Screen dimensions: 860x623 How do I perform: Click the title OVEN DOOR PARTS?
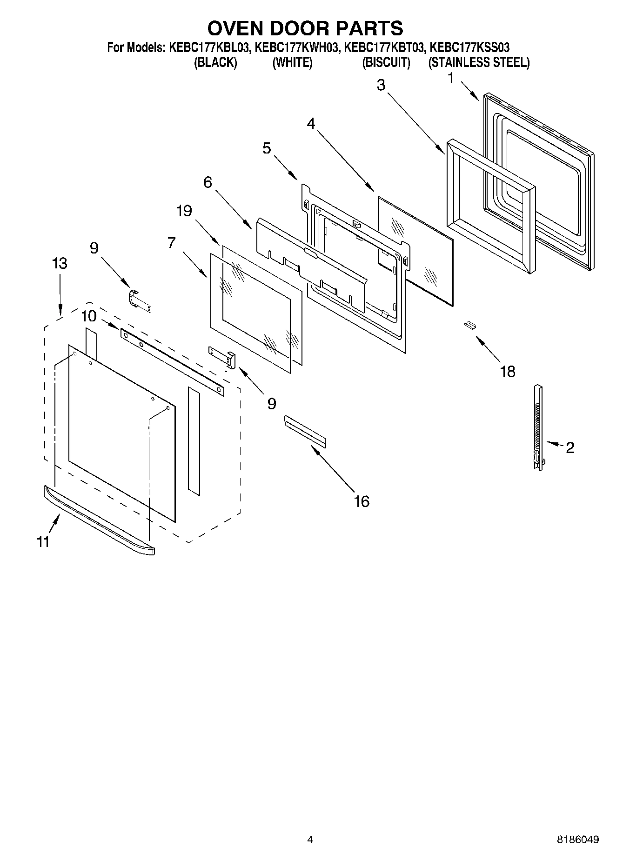pos(305,28)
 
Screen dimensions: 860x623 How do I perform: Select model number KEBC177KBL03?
pos(208,47)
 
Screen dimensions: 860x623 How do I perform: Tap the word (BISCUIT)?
pos(386,62)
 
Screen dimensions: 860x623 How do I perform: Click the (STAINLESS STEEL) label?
pos(479,62)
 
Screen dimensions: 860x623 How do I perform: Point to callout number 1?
pos(450,79)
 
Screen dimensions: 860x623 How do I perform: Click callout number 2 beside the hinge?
pos(570,447)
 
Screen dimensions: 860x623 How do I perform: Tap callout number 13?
pos(60,263)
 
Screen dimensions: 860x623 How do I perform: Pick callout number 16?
pos(362,501)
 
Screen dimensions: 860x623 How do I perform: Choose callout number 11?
pos(43,541)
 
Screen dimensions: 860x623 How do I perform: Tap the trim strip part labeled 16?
pos(305,431)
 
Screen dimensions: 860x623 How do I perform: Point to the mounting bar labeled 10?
pos(172,361)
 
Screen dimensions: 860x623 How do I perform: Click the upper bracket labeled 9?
pos(140,300)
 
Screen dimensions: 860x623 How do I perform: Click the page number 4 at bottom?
pos(310,840)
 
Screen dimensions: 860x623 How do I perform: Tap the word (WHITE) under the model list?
pos(292,62)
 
